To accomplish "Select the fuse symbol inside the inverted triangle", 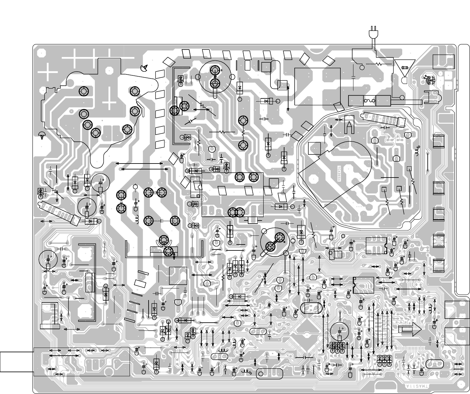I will click(x=405, y=68).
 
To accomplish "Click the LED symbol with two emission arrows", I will click(x=430, y=80).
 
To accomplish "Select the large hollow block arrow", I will click(x=410, y=329).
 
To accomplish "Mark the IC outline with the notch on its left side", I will click(x=363, y=285).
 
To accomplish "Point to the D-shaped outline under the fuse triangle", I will click(x=404, y=80).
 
